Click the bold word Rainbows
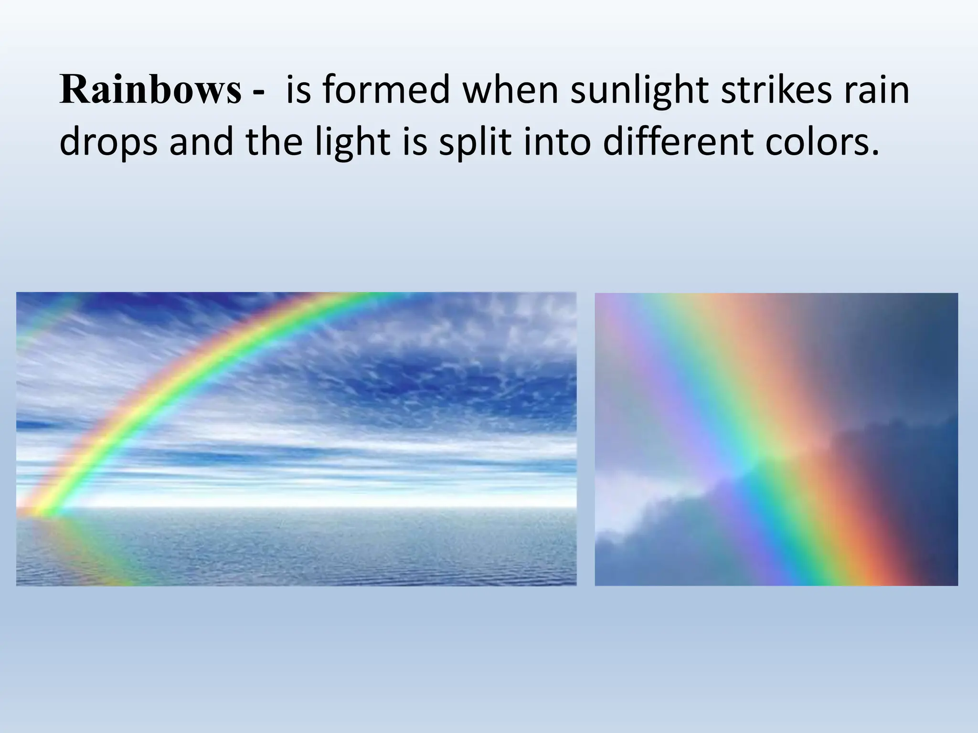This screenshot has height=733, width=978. click(150, 91)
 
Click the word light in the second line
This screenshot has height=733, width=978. click(352, 143)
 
